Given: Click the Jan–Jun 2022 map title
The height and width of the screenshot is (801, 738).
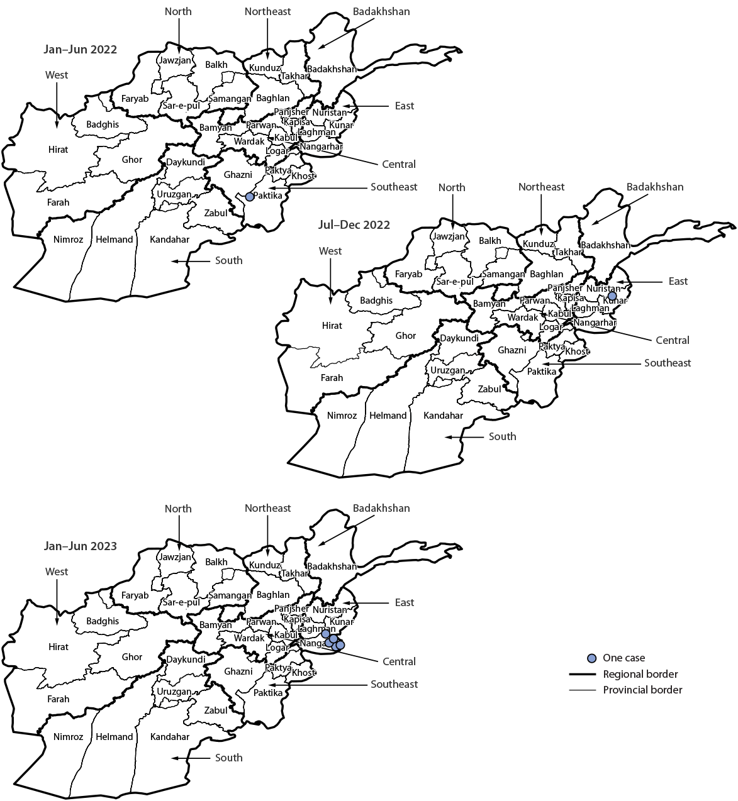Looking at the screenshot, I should pyautogui.click(x=80, y=50).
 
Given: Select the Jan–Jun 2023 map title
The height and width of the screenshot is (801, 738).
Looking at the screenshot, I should pyautogui.click(x=80, y=546).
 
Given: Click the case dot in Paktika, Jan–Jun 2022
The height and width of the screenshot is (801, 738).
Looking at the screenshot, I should pyautogui.click(x=250, y=197).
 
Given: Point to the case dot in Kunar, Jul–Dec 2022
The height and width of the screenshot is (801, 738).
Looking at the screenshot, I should pyautogui.click(x=612, y=296).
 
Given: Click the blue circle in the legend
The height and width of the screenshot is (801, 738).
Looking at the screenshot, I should pyautogui.click(x=591, y=658).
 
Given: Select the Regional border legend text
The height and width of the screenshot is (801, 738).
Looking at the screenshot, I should pyautogui.click(x=640, y=674).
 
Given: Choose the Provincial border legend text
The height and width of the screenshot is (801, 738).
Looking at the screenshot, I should pyautogui.click(x=642, y=690).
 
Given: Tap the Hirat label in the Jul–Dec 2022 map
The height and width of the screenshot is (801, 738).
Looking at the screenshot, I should pyautogui.click(x=332, y=326).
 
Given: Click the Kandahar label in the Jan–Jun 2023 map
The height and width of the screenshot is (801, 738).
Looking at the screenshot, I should pyautogui.click(x=170, y=737).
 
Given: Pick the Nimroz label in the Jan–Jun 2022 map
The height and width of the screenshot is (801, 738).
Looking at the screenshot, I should pyautogui.click(x=68, y=240).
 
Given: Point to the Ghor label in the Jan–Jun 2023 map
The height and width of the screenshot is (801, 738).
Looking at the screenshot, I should pyautogui.click(x=132, y=657).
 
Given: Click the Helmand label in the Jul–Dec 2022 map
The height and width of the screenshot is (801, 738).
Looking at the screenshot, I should pyautogui.click(x=388, y=416).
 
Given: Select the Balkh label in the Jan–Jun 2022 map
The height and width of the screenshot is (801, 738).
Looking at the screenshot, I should pyautogui.click(x=216, y=65).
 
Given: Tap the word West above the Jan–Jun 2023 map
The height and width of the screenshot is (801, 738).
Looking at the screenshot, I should pyautogui.click(x=57, y=572).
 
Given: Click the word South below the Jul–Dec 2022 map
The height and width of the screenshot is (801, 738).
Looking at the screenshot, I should pyautogui.click(x=502, y=436).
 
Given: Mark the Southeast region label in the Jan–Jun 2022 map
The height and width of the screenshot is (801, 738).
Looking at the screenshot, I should pyautogui.click(x=394, y=187).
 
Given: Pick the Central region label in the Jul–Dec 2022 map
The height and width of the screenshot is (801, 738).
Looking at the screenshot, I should pyautogui.click(x=673, y=340).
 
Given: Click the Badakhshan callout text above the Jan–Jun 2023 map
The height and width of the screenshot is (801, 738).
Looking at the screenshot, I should pyautogui.click(x=381, y=508).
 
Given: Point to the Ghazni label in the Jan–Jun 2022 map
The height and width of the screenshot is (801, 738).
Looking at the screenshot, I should pyautogui.click(x=238, y=175).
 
